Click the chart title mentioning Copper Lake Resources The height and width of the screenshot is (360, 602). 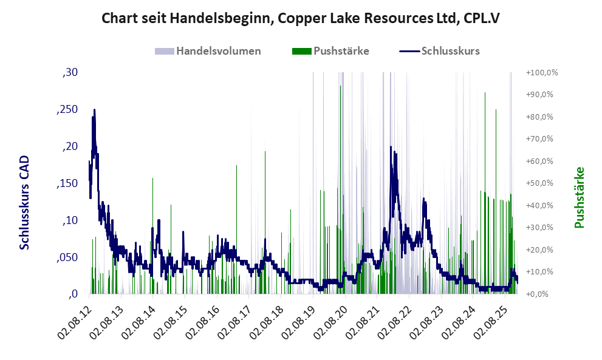301,18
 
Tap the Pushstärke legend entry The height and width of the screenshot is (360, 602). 341,51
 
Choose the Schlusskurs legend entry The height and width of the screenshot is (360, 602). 450,51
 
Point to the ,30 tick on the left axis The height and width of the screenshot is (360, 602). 70,73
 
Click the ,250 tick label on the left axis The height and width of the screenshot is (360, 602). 68,109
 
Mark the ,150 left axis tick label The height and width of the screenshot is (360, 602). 68,183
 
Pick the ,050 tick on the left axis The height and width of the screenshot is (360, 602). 68,257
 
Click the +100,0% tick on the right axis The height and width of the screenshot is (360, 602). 542,73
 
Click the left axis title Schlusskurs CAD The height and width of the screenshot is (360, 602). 25,202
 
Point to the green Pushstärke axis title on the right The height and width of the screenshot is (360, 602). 579,198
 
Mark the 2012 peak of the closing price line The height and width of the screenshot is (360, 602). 94,110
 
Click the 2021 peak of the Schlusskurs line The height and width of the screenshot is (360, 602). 392,148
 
